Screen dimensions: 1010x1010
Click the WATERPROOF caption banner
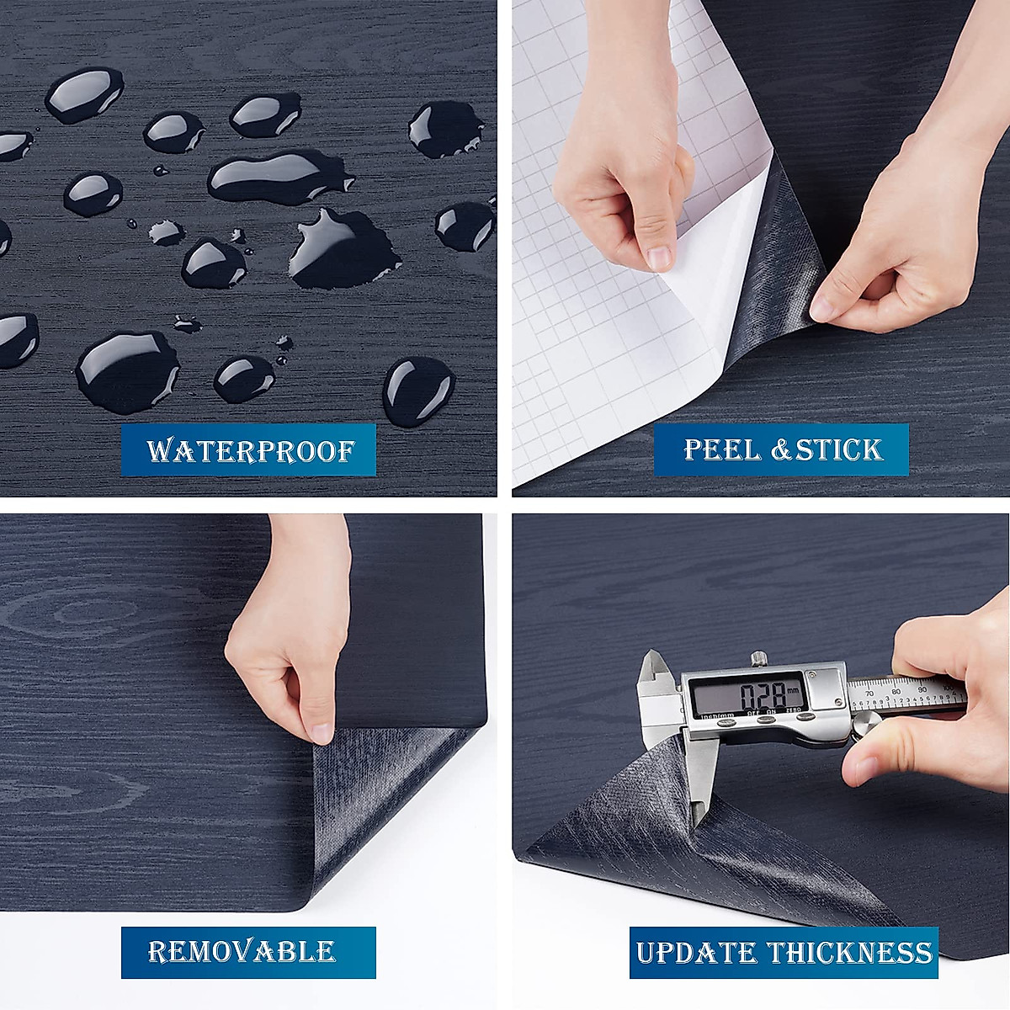(249, 450)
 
